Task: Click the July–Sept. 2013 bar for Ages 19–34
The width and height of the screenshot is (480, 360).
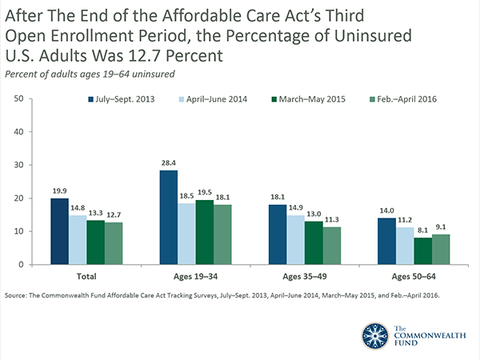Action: [x=168, y=218]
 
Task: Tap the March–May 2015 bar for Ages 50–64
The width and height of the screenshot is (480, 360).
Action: [x=421, y=251]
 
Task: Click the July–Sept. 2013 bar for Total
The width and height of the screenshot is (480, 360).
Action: [x=58, y=231]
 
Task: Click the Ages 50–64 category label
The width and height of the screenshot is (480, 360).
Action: [x=402, y=276]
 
